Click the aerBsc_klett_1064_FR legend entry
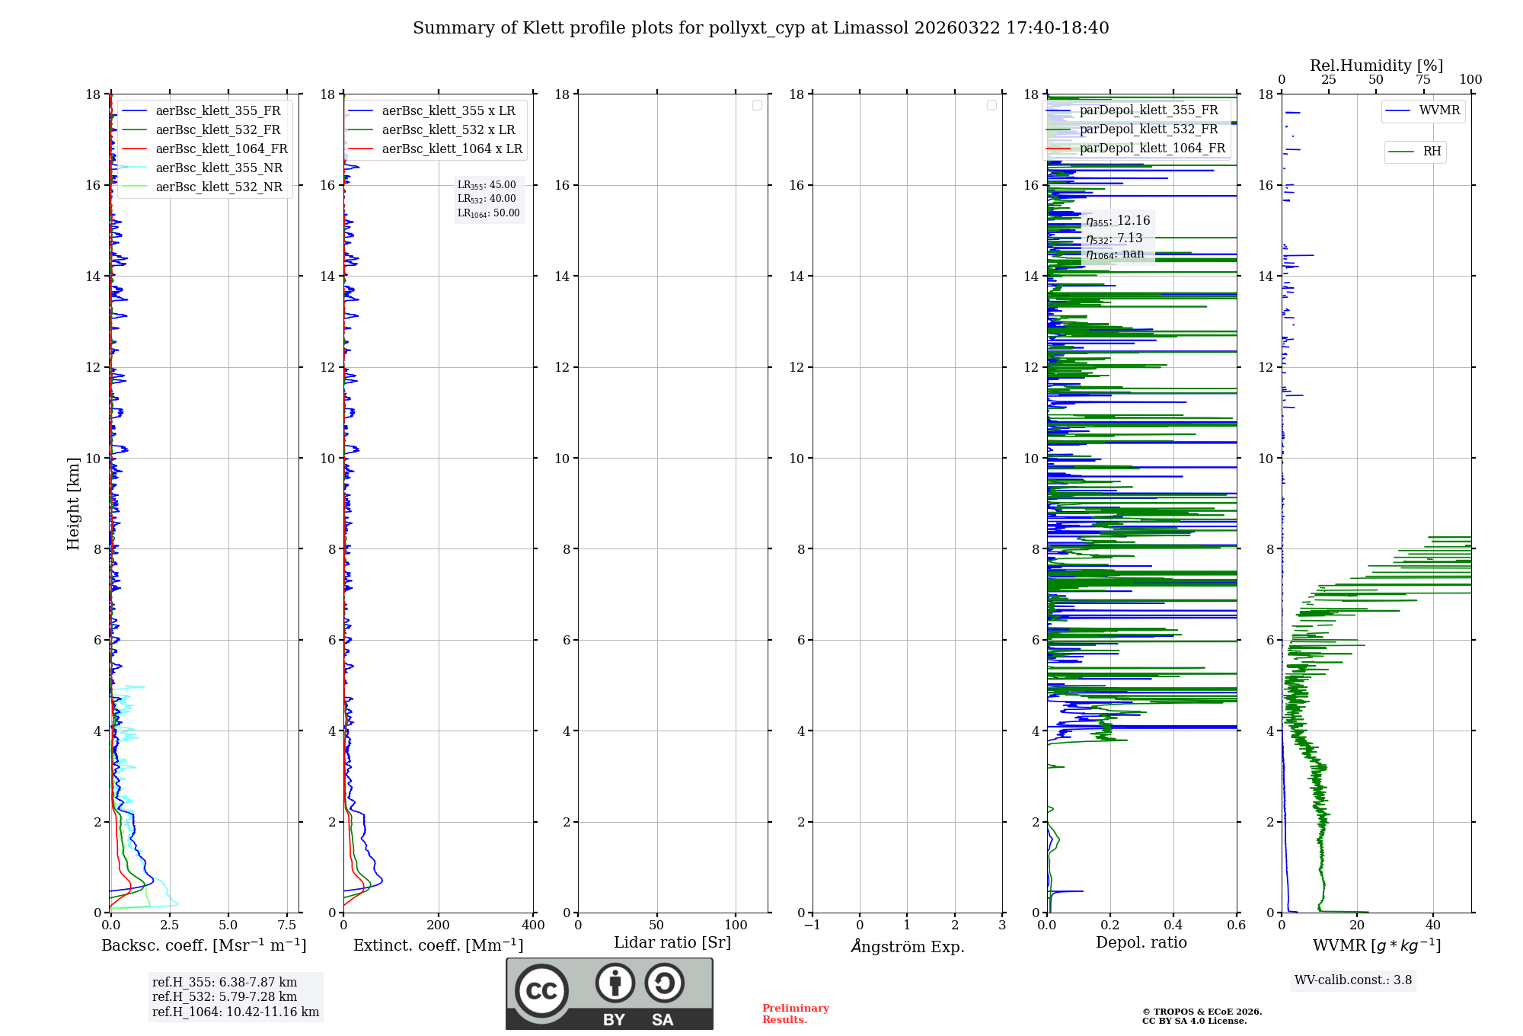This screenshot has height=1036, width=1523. click(221, 149)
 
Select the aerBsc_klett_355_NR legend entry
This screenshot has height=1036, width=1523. click(219, 168)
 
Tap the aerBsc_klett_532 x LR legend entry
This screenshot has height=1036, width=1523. click(448, 130)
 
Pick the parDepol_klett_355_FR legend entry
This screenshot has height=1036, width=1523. click(1148, 110)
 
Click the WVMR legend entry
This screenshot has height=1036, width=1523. click(1439, 110)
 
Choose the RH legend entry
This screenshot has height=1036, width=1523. click(1432, 152)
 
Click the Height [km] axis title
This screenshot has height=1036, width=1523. click(73, 504)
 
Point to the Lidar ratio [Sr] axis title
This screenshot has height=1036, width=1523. click(672, 942)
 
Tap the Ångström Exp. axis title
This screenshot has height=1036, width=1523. click(908, 946)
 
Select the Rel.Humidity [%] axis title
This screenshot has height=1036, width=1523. click(1376, 66)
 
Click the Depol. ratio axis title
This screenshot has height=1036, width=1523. click(1141, 942)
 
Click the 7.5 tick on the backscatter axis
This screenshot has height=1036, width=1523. click(287, 926)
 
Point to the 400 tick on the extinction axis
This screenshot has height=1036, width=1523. click(533, 926)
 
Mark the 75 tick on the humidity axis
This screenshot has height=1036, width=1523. click(1422, 80)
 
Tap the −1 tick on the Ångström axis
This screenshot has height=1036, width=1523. click(812, 926)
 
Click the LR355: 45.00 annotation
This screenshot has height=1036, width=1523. click(487, 185)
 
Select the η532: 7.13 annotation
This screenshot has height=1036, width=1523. click(1114, 238)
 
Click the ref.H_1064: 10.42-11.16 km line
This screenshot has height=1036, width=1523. click(235, 1012)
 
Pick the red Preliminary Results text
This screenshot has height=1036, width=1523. click(795, 1014)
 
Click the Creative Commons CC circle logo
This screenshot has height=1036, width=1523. click(541, 990)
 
